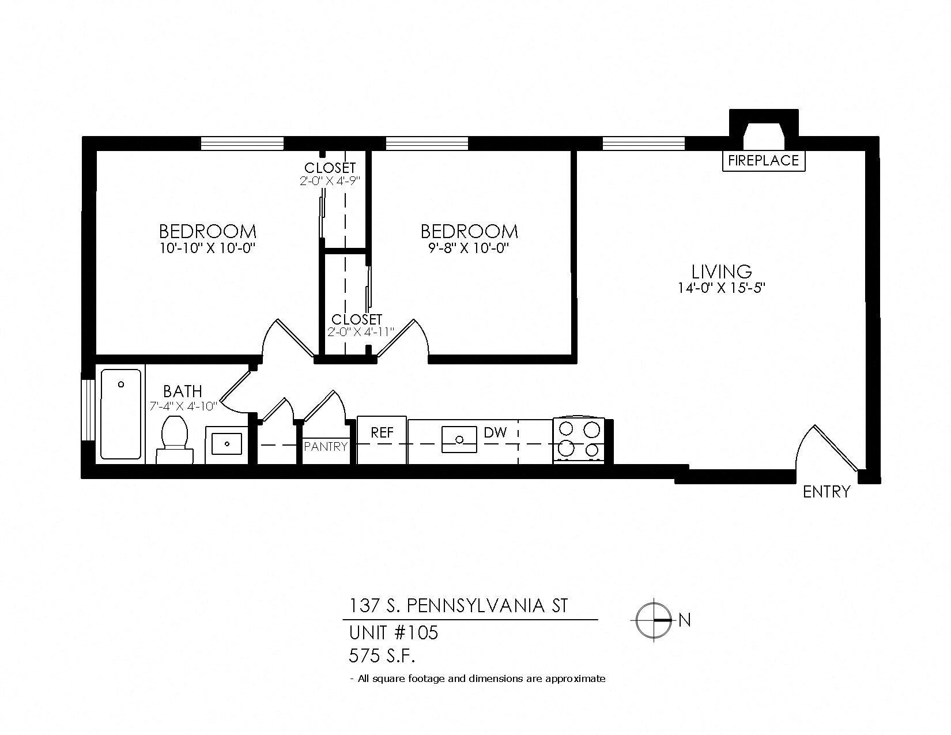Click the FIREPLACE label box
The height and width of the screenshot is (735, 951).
tap(763, 160)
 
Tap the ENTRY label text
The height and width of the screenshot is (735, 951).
tap(826, 492)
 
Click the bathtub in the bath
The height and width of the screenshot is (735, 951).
tap(121, 413)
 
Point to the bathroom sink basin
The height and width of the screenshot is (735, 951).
tap(227, 443)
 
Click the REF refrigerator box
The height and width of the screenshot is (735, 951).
tap(382, 440)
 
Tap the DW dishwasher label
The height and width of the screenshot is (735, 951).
tap(495, 432)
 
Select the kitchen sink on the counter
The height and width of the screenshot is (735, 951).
tap(459, 440)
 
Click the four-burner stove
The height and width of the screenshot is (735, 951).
tap(579, 439)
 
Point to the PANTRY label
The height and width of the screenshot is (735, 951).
tap(326, 446)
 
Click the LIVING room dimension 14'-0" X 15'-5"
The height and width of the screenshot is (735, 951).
tap(721, 287)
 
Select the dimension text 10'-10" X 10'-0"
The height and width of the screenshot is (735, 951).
tap(207, 248)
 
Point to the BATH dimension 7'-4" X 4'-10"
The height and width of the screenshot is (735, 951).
tap(183, 406)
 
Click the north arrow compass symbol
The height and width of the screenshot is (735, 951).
tap(654, 620)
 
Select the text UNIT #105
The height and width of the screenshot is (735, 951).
tap(394, 633)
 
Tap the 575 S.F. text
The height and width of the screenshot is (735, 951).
tap(382, 655)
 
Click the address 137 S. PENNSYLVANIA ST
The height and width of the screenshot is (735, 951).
tap(458, 606)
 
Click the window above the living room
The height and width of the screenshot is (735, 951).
tap(643, 142)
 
